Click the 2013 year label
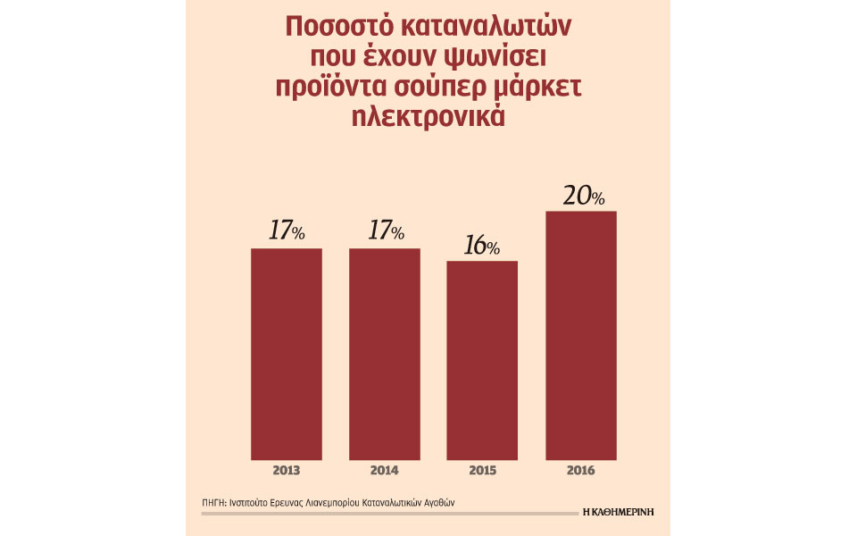[x=287, y=470]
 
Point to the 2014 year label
[x=385, y=470]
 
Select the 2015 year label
[x=482, y=470]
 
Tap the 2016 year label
[x=580, y=470]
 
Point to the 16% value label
[x=482, y=246]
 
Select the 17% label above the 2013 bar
[x=287, y=231]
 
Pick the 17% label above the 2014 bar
[x=385, y=231]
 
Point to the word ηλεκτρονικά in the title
[x=428, y=118]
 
